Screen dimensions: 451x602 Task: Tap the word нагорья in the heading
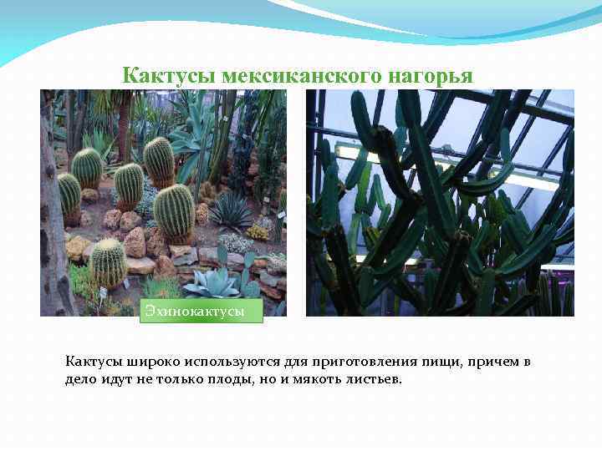pos(430,76)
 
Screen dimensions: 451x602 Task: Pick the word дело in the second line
pos(81,380)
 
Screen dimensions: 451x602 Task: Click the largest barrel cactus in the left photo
pos(174,212)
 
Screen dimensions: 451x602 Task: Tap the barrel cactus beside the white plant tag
pos(108,264)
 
